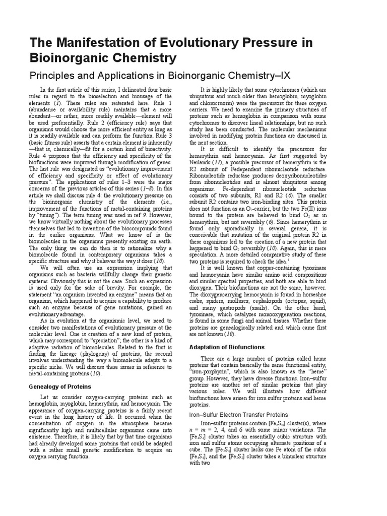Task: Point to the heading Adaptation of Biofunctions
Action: pos(226,347)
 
